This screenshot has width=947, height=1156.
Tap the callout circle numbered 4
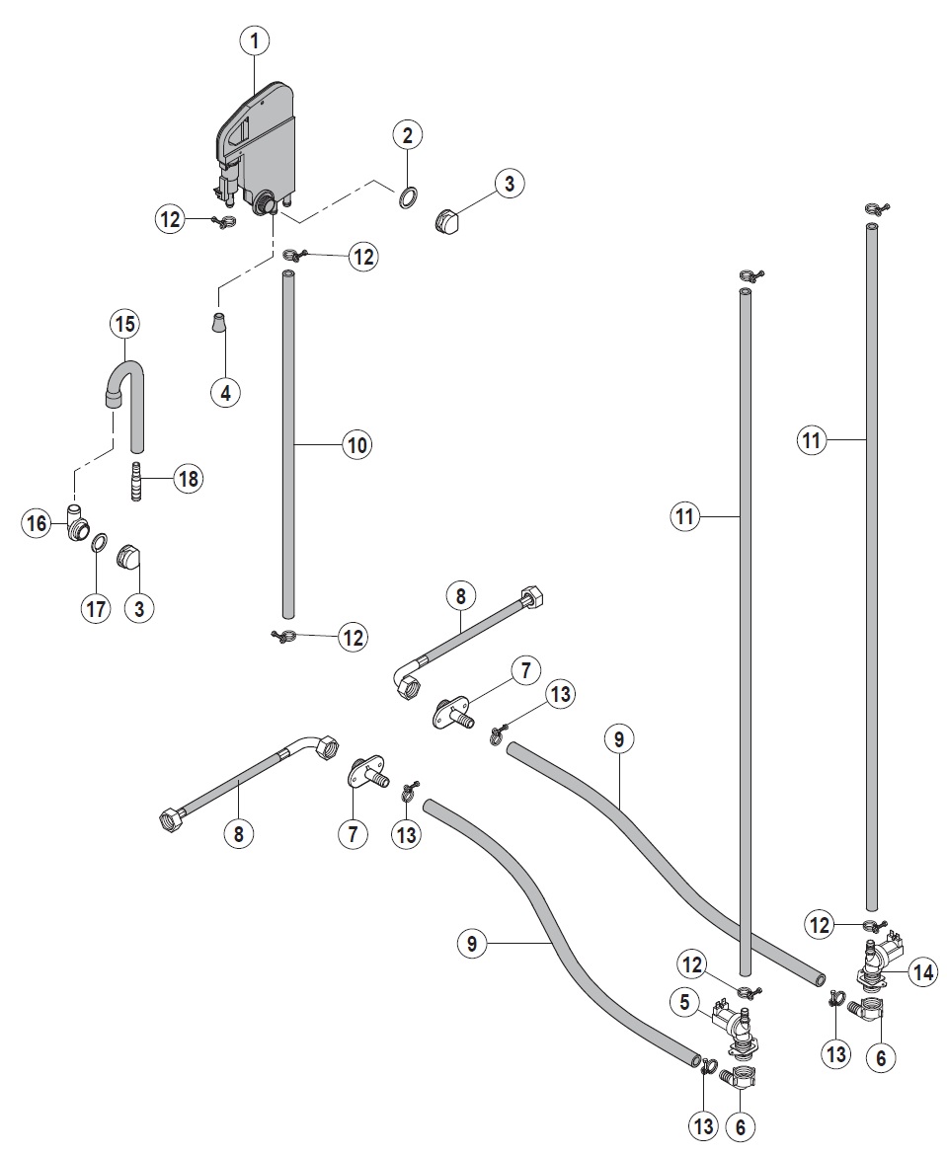pyautogui.click(x=225, y=392)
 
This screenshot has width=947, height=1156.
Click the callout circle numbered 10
pyautogui.click(x=356, y=445)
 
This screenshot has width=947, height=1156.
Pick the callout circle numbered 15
pyautogui.click(x=124, y=323)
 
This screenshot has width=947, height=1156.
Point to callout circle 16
pyautogui.click(x=37, y=523)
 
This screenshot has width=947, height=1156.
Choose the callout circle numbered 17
pyautogui.click(x=96, y=609)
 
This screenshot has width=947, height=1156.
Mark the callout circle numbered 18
pyautogui.click(x=187, y=479)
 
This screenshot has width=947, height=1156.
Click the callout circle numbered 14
pyautogui.click(x=922, y=972)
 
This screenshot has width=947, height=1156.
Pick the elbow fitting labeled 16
pyautogui.click(x=73, y=523)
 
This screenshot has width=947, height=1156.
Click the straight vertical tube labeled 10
pyautogui.click(x=288, y=444)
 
